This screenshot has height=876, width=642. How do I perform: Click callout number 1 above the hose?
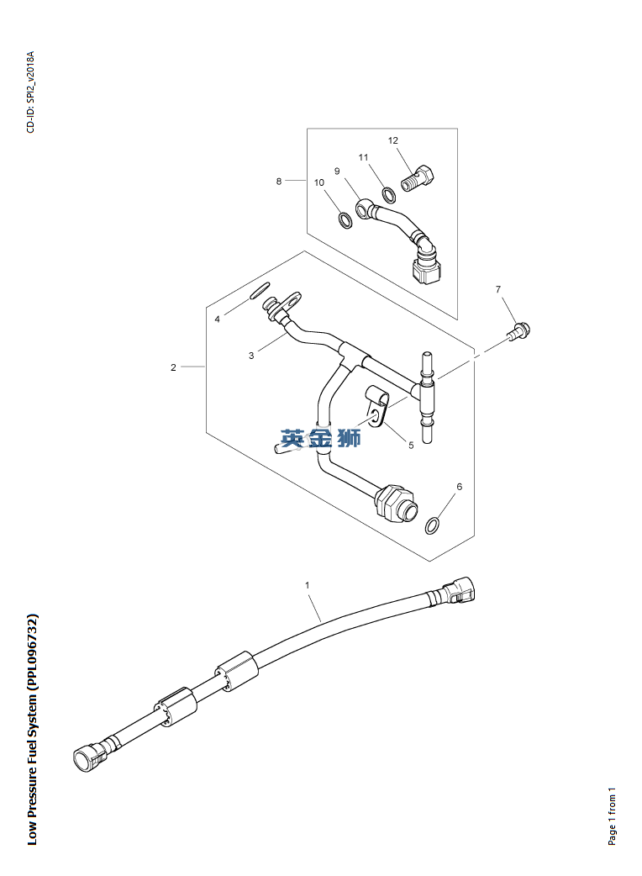[x=308, y=584]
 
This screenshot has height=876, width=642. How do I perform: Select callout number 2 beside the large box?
[x=173, y=367]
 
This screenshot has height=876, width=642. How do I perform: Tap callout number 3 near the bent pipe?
[x=250, y=356]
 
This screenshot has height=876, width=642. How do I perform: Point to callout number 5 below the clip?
[x=411, y=446]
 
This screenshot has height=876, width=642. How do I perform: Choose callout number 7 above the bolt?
[x=498, y=289]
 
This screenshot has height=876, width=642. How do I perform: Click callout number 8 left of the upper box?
[x=279, y=181]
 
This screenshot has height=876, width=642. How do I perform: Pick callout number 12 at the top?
[x=392, y=140]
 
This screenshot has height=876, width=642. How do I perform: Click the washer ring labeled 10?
[x=345, y=220]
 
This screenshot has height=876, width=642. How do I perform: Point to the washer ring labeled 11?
[x=389, y=196]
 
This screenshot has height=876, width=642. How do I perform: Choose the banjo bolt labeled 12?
[x=421, y=178]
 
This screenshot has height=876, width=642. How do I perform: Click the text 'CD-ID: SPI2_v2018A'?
[x=31, y=92]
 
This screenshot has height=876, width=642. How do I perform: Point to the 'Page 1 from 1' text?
[x=612, y=816]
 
